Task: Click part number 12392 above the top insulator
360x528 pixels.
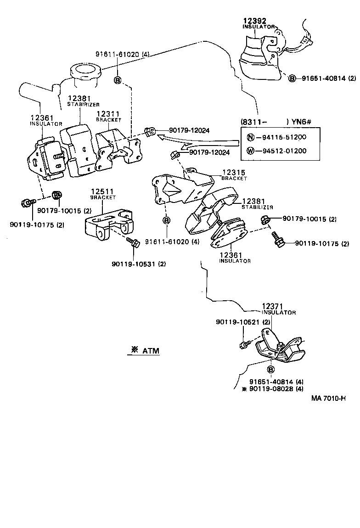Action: pyautogui.click(x=254, y=21)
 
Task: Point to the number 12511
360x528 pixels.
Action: pyautogui.click(x=102, y=191)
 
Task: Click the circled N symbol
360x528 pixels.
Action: pyautogui.click(x=251, y=137)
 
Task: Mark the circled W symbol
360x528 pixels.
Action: pyautogui.click(x=251, y=151)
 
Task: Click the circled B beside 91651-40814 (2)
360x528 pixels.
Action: pyautogui.click(x=292, y=79)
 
